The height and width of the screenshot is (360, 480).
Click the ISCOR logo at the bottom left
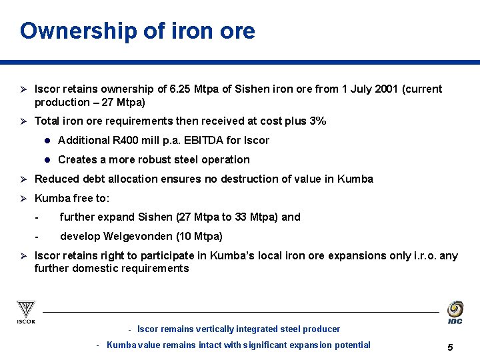pos(26,312)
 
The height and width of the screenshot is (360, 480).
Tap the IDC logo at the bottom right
pos(455,312)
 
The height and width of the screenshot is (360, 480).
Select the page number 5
pos(451,347)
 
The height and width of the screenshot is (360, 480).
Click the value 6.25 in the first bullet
pos(181,89)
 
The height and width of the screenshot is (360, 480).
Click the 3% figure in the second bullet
pos(317,121)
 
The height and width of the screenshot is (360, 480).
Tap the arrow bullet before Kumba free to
pos(22,198)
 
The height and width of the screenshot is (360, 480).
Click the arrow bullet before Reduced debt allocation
pos(22,179)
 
